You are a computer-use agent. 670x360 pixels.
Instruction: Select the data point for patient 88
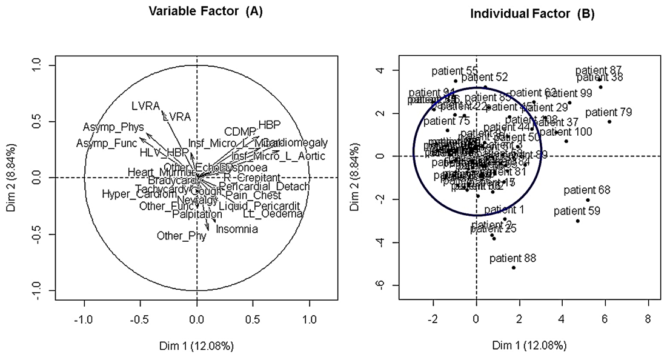point(514,267)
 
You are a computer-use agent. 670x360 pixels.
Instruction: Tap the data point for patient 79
point(609,122)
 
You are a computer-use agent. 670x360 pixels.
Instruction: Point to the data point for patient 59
point(578,221)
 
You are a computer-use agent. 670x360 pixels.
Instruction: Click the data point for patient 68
point(588,200)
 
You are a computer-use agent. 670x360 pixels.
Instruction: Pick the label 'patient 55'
point(455,71)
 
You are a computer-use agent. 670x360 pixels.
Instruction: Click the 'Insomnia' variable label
point(237,230)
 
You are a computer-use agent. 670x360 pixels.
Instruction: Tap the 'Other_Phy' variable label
point(182,236)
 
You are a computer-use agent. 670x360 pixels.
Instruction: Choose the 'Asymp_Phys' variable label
point(114,127)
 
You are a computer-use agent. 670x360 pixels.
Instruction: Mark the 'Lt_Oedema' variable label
point(264,214)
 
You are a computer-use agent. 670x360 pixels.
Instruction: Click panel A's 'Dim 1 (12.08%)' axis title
point(196,346)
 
